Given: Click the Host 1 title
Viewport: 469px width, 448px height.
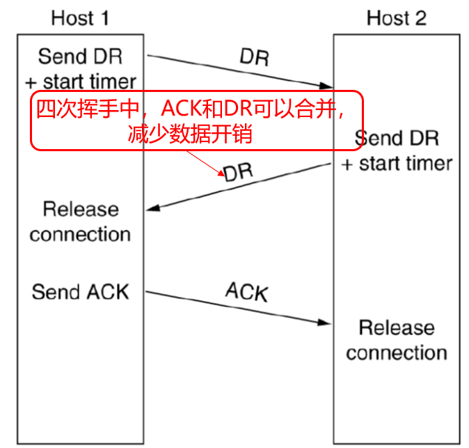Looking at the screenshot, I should (80, 17).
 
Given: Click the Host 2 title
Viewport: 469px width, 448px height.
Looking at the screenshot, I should (397, 17).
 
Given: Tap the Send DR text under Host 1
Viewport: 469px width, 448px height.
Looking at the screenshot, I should (80, 56).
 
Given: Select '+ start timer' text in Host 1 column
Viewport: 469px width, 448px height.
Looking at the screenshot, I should (80, 81).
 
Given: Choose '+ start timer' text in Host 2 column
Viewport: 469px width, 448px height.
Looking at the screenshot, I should (397, 164).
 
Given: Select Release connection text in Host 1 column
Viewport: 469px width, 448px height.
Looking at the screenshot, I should (80, 221).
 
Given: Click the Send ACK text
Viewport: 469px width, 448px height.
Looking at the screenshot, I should (80, 291).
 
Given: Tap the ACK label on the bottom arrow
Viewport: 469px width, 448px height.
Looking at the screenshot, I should (246, 292).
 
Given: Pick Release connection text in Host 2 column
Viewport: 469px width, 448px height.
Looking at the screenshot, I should (397, 340).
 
